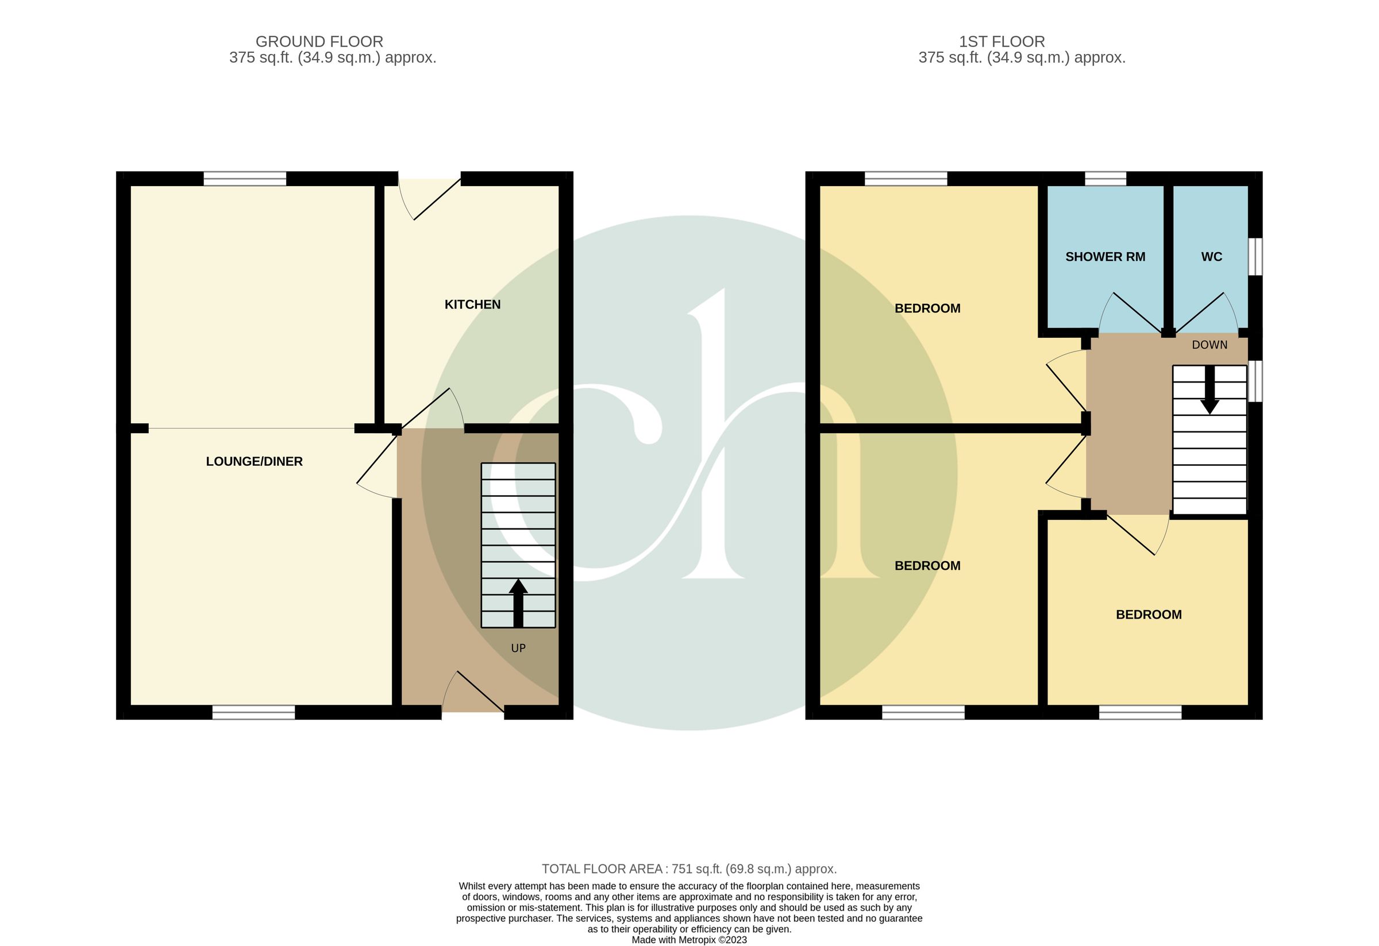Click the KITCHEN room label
(472, 304)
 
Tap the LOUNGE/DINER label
(254, 461)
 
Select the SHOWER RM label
(1105, 257)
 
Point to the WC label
(1211, 257)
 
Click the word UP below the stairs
(518, 648)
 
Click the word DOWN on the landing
(1209, 345)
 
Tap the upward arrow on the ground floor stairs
(518, 602)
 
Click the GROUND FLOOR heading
(319, 41)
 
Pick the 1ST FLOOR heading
(1001, 41)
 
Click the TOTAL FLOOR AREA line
(689, 869)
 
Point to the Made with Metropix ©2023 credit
(689, 940)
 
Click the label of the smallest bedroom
(1148, 615)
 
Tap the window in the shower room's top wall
(1105, 179)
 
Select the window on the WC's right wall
(1254, 257)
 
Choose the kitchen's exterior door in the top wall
(430, 199)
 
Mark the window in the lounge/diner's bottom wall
(253, 712)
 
